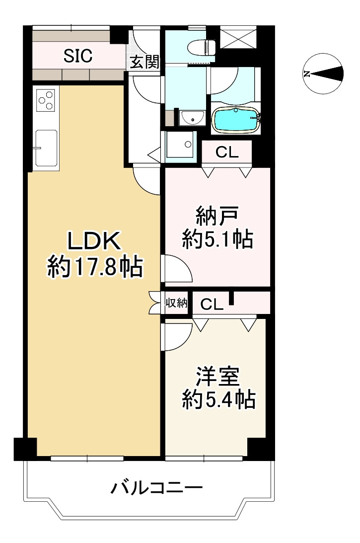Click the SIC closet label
pos(78,56)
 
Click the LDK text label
pos(94,242)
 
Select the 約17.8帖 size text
pos(95,268)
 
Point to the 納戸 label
pos(217,217)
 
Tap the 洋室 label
pos(217,377)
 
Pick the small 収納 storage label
pos(176,303)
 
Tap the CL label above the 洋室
pos(212,305)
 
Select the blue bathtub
pos(236,120)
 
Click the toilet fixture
pos(202,47)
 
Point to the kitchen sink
pos(46,147)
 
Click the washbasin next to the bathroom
pos(192,118)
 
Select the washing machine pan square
pos(181,145)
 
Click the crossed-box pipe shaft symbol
pos(238,37)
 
